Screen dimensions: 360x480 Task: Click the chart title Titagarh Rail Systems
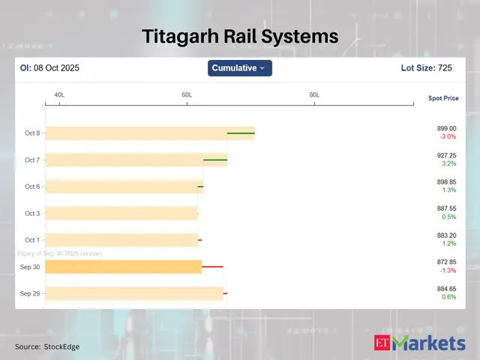(x=240, y=36)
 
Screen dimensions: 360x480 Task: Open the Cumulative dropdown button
(x=239, y=68)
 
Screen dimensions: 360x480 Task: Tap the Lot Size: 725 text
(x=427, y=68)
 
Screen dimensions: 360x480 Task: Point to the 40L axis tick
(x=59, y=95)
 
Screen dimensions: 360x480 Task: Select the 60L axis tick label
(x=187, y=95)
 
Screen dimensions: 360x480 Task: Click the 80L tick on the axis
(x=314, y=95)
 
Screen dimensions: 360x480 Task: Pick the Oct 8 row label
(x=32, y=133)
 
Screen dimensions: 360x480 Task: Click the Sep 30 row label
(x=31, y=267)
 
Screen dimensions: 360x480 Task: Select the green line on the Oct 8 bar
(x=241, y=133)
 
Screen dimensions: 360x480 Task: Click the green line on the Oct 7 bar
(x=215, y=160)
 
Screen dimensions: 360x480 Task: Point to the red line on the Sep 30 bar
(x=213, y=267)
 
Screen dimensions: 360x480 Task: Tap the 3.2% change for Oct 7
(x=448, y=163)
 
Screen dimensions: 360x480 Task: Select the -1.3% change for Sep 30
(x=447, y=271)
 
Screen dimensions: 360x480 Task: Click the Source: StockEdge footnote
(x=47, y=346)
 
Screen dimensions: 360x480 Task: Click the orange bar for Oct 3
(x=121, y=214)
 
